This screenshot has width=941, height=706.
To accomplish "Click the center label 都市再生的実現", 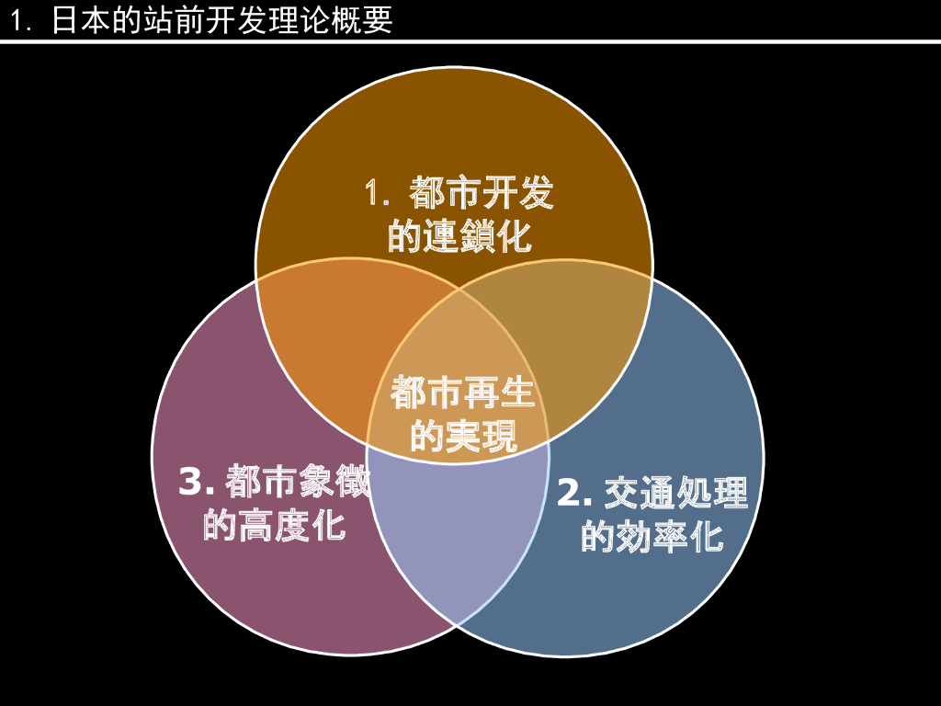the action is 463,414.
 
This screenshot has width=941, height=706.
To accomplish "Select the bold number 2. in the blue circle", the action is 575,494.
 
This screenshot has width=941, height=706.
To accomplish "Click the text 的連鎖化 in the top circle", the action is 459,237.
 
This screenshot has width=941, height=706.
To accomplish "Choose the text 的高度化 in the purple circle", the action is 274,526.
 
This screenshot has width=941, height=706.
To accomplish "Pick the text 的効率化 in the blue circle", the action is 652,537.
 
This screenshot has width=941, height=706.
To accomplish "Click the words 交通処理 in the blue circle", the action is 676,494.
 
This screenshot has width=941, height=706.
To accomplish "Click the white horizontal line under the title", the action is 470,41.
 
